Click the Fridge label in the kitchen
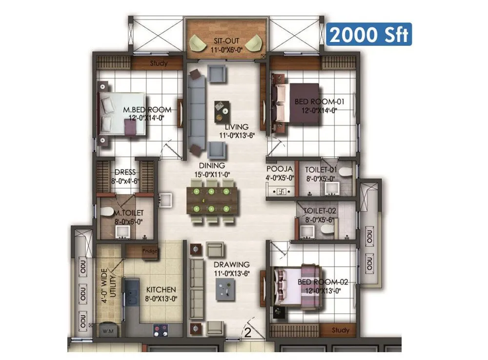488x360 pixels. point(150,252)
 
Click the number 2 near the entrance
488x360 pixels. point(247,334)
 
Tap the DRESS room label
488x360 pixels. point(125,172)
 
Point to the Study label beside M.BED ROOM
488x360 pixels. point(159,63)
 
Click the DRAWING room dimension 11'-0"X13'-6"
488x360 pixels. point(232,273)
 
